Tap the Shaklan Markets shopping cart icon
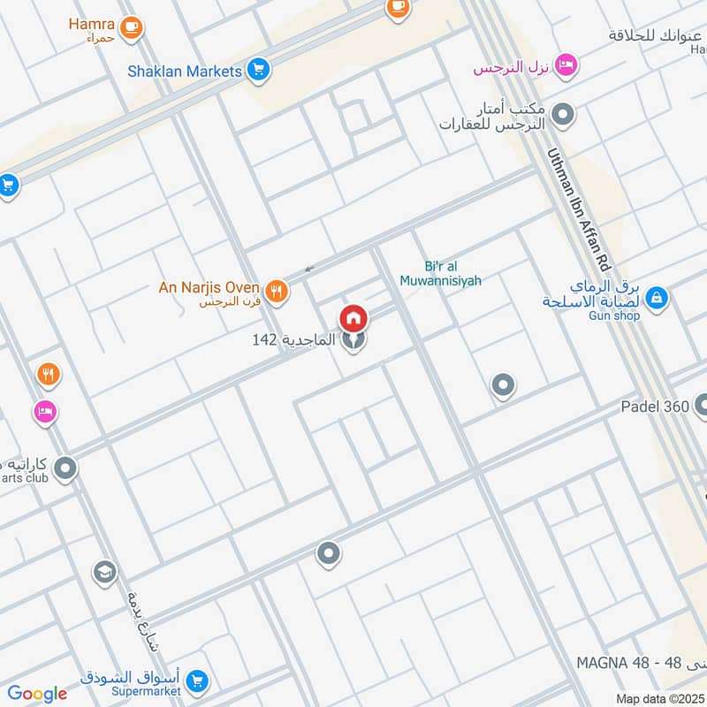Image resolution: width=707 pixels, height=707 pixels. pos(258,69)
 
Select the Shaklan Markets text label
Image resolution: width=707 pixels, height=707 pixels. pos(184,70)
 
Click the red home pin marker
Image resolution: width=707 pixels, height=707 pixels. pos(353,318)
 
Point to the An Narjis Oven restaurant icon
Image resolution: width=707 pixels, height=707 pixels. pos(277,291)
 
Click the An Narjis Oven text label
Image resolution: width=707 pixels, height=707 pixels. pos(209,287)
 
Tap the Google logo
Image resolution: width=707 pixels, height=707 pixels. pos(36,694)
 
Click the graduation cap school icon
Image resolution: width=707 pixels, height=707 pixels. pos(104,572)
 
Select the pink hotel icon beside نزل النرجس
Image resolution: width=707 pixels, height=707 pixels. pos(567,65)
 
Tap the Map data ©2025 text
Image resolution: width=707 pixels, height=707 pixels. pos(658,698)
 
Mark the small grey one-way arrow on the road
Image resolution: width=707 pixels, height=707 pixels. pos(308,269)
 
